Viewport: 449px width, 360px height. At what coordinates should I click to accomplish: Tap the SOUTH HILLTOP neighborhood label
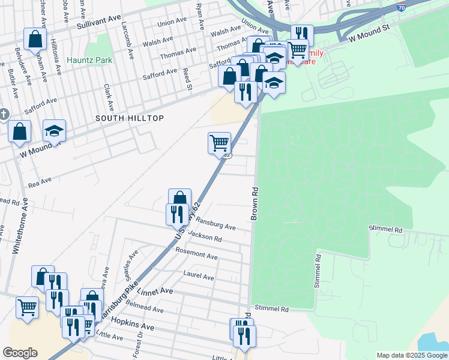(130, 119)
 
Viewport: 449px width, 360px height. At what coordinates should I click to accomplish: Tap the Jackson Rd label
(205, 236)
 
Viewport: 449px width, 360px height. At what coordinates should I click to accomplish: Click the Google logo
(20, 353)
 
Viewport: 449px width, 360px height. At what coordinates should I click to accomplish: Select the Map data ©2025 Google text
(411, 355)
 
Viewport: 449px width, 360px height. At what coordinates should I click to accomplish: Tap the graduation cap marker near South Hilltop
(54, 131)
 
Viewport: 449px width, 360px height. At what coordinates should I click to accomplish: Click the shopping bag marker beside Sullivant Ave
(35, 39)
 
